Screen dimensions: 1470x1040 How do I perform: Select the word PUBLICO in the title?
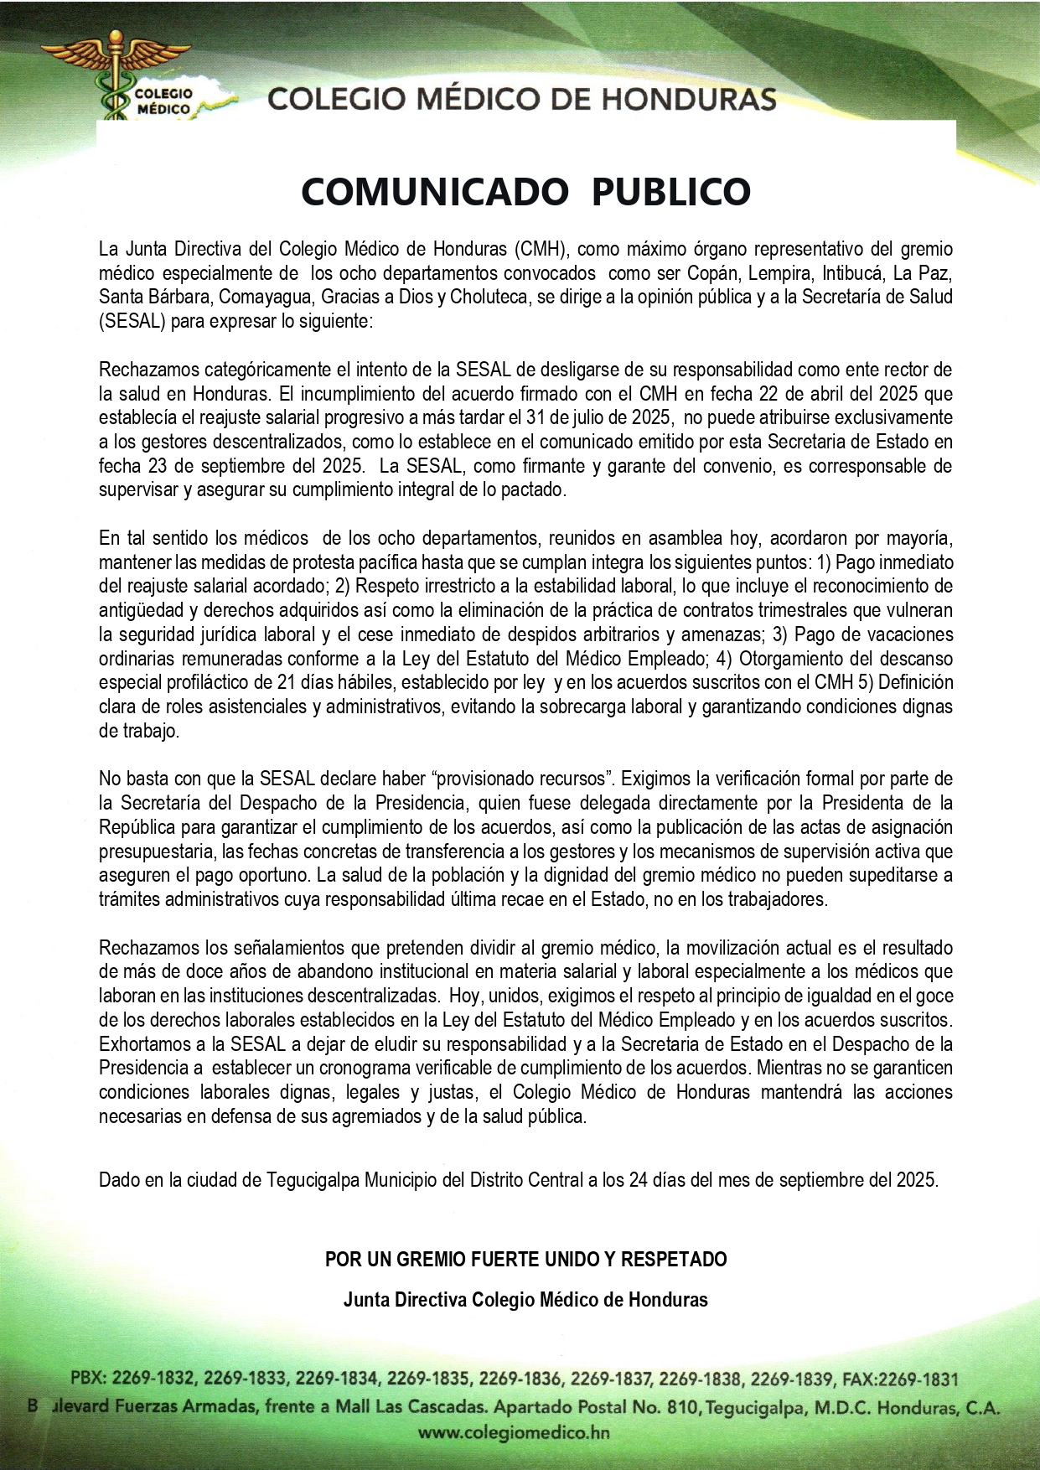[x=670, y=191]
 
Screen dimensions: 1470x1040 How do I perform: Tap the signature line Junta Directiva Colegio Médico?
[x=525, y=1300]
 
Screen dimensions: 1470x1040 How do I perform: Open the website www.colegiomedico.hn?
[x=514, y=1433]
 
